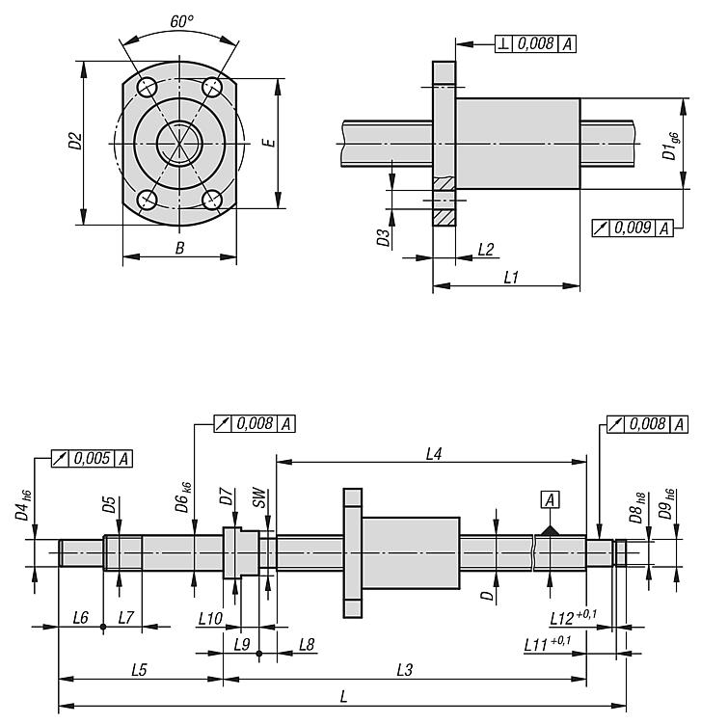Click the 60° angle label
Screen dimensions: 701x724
pyautogui.click(x=181, y=21)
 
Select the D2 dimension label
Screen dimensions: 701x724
pyautogui.click(x=75, y=141)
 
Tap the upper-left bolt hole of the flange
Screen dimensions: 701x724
pyautogui.click(x=148, y=87)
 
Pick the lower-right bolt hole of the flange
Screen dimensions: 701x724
pyautogui.click(x=212, y=200)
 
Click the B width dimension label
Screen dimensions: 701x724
pyautogui.click(x=179, y=249)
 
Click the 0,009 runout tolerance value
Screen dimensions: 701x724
pyautogui.click(x=633, y=228)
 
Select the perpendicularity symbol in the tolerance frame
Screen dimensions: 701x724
pyautogui.click(x=503, y=44)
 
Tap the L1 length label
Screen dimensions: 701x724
pyautogui.click(x=511, y=278)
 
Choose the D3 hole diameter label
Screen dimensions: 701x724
pyautogui.click(x=384, y=237)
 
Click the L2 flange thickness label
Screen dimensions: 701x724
pyautogui.click(x=486, y=250)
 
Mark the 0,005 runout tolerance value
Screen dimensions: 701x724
pyautogui.click(x=92, y=458)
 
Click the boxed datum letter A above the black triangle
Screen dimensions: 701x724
pyautogui.click(x=550, y=500)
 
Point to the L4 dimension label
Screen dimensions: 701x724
pyautogui.click(x=434, y=454)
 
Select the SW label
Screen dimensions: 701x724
pyautogui.click(x=260, y=497)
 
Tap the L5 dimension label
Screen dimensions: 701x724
pyautogui.click(x=139, y=670)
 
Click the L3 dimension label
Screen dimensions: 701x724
pyautogui.click(x=405, y=670)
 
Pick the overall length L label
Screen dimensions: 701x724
pyautogui.click(x=343, y=697)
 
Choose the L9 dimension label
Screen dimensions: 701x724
pyautogui.click(x=241, y=644)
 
